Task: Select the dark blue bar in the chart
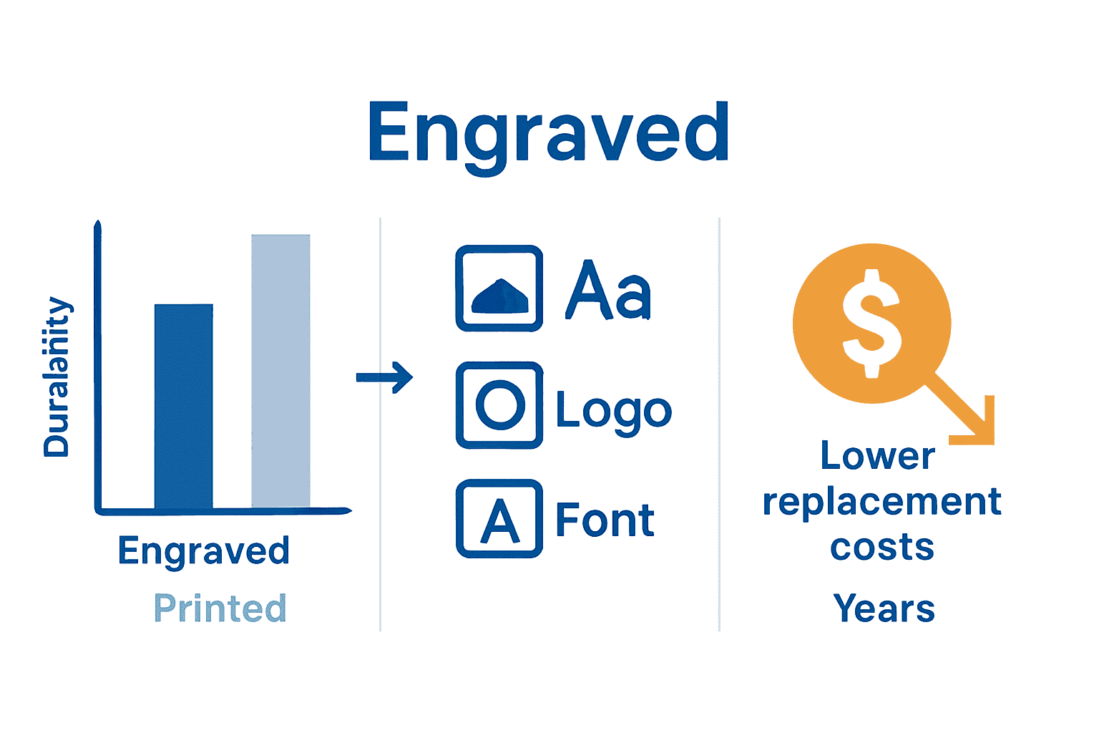coord(184,406)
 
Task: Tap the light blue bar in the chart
coord(280,370)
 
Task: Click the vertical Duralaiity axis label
coord(57,377)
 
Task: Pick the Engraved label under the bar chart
coord(204,551)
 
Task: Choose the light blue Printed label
coord(220,608)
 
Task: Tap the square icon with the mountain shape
coord(499,288)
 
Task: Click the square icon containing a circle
coord(499,405)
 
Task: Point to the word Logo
coord(614,411)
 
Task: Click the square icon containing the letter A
coord(499,519)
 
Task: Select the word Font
coord(605,520)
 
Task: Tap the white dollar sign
coord(871,323)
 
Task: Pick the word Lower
coord(878,456)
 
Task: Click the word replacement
coord(881,503)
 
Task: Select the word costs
coord(882,548)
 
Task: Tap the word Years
coord(884,608)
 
